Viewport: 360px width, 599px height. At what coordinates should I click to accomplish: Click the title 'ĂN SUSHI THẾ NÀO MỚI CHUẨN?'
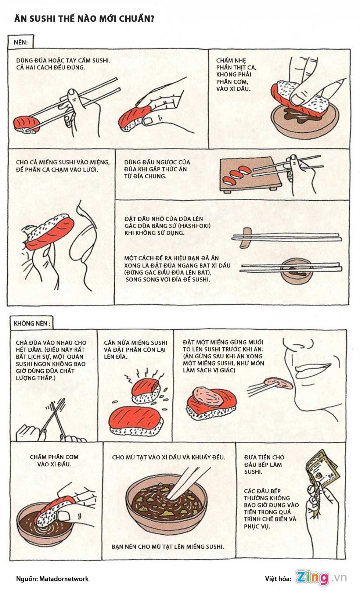(x=84, y=19)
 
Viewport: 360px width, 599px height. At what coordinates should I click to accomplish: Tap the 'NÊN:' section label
(x=21, y=42)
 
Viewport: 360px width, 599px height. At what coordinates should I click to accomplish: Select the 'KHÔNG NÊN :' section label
(x=32, y=323)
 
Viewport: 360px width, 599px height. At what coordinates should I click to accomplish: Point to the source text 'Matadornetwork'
(x=64, y=579)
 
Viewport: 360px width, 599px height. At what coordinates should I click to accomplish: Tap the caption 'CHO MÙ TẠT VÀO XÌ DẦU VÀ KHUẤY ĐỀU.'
(x=169, y=457)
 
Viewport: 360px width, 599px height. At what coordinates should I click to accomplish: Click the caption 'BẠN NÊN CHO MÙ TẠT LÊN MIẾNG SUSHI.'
(x=168, y=546)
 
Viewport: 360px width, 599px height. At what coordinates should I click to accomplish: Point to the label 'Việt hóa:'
(x=278, y=579)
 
